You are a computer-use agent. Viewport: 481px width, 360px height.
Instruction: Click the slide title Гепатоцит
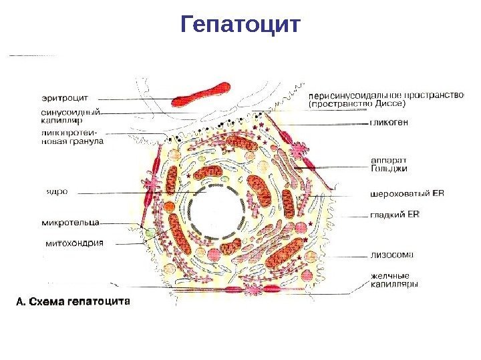pyautogui.click(x=241, y=25)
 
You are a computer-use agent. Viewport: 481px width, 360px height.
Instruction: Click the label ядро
pyautogui.click(x=56, y=190)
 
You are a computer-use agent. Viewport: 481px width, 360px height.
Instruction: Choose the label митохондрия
pyautogui.click(x=73, y=243)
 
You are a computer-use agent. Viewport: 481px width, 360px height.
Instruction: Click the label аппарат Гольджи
pyautogui.click(x=388, y=164)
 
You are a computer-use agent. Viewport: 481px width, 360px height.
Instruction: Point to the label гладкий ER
pyautogui.click(x=394, y=215)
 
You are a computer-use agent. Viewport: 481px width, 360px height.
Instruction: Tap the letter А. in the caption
pyautogui.click(x=20, y=301)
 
